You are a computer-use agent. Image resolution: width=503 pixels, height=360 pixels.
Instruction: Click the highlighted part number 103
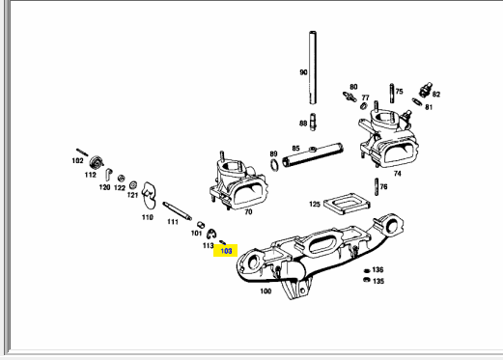226,251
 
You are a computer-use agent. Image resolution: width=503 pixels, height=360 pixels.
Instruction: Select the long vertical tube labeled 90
313,68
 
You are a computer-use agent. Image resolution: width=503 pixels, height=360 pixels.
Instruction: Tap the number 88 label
303,124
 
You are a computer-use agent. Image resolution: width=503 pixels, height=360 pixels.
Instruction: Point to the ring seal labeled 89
274,165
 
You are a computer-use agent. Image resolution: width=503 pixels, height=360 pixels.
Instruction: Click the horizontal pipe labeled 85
313,155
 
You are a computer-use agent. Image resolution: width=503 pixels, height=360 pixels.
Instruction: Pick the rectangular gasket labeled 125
347,204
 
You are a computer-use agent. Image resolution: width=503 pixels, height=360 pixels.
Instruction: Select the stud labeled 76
377,186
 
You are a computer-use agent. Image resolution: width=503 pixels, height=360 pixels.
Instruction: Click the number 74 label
398,174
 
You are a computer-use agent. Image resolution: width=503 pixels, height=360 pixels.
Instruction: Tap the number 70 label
248,212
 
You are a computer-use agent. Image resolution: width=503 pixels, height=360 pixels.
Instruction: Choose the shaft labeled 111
177,211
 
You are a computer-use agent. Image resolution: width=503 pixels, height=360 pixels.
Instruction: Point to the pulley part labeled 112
97,162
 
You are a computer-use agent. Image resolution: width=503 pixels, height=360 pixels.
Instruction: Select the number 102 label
77,160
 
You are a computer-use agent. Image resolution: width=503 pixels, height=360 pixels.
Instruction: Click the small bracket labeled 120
108,175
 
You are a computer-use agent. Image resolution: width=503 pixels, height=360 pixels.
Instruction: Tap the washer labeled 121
133,185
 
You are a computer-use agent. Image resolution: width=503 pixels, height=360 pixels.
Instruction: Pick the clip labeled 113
211,234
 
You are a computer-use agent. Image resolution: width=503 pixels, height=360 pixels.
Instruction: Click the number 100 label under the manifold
265,291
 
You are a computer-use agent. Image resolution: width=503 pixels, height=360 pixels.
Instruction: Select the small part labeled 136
367,270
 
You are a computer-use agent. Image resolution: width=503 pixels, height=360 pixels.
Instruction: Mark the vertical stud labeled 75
392,94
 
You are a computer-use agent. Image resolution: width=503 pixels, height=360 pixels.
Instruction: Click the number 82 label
436,95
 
